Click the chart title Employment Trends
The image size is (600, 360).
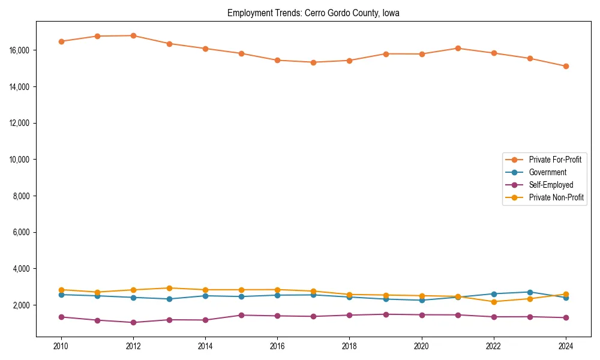313,13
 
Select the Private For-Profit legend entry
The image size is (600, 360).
555,160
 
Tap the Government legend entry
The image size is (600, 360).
547,172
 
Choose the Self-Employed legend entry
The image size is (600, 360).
551,185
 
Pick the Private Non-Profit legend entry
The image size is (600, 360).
556,197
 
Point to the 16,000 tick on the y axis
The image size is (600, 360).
20,50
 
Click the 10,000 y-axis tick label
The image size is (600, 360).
20,160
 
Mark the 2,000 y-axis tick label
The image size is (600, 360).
22,305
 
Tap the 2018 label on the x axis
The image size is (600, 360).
350,346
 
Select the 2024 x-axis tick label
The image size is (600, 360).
566,346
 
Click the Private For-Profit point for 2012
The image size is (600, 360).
133,35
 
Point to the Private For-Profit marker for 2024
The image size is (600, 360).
566,66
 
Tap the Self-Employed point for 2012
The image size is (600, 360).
133,322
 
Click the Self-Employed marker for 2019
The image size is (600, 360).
386,314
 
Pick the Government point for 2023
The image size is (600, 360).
530,292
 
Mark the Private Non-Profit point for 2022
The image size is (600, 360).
494,302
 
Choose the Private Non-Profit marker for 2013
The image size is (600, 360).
169,288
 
